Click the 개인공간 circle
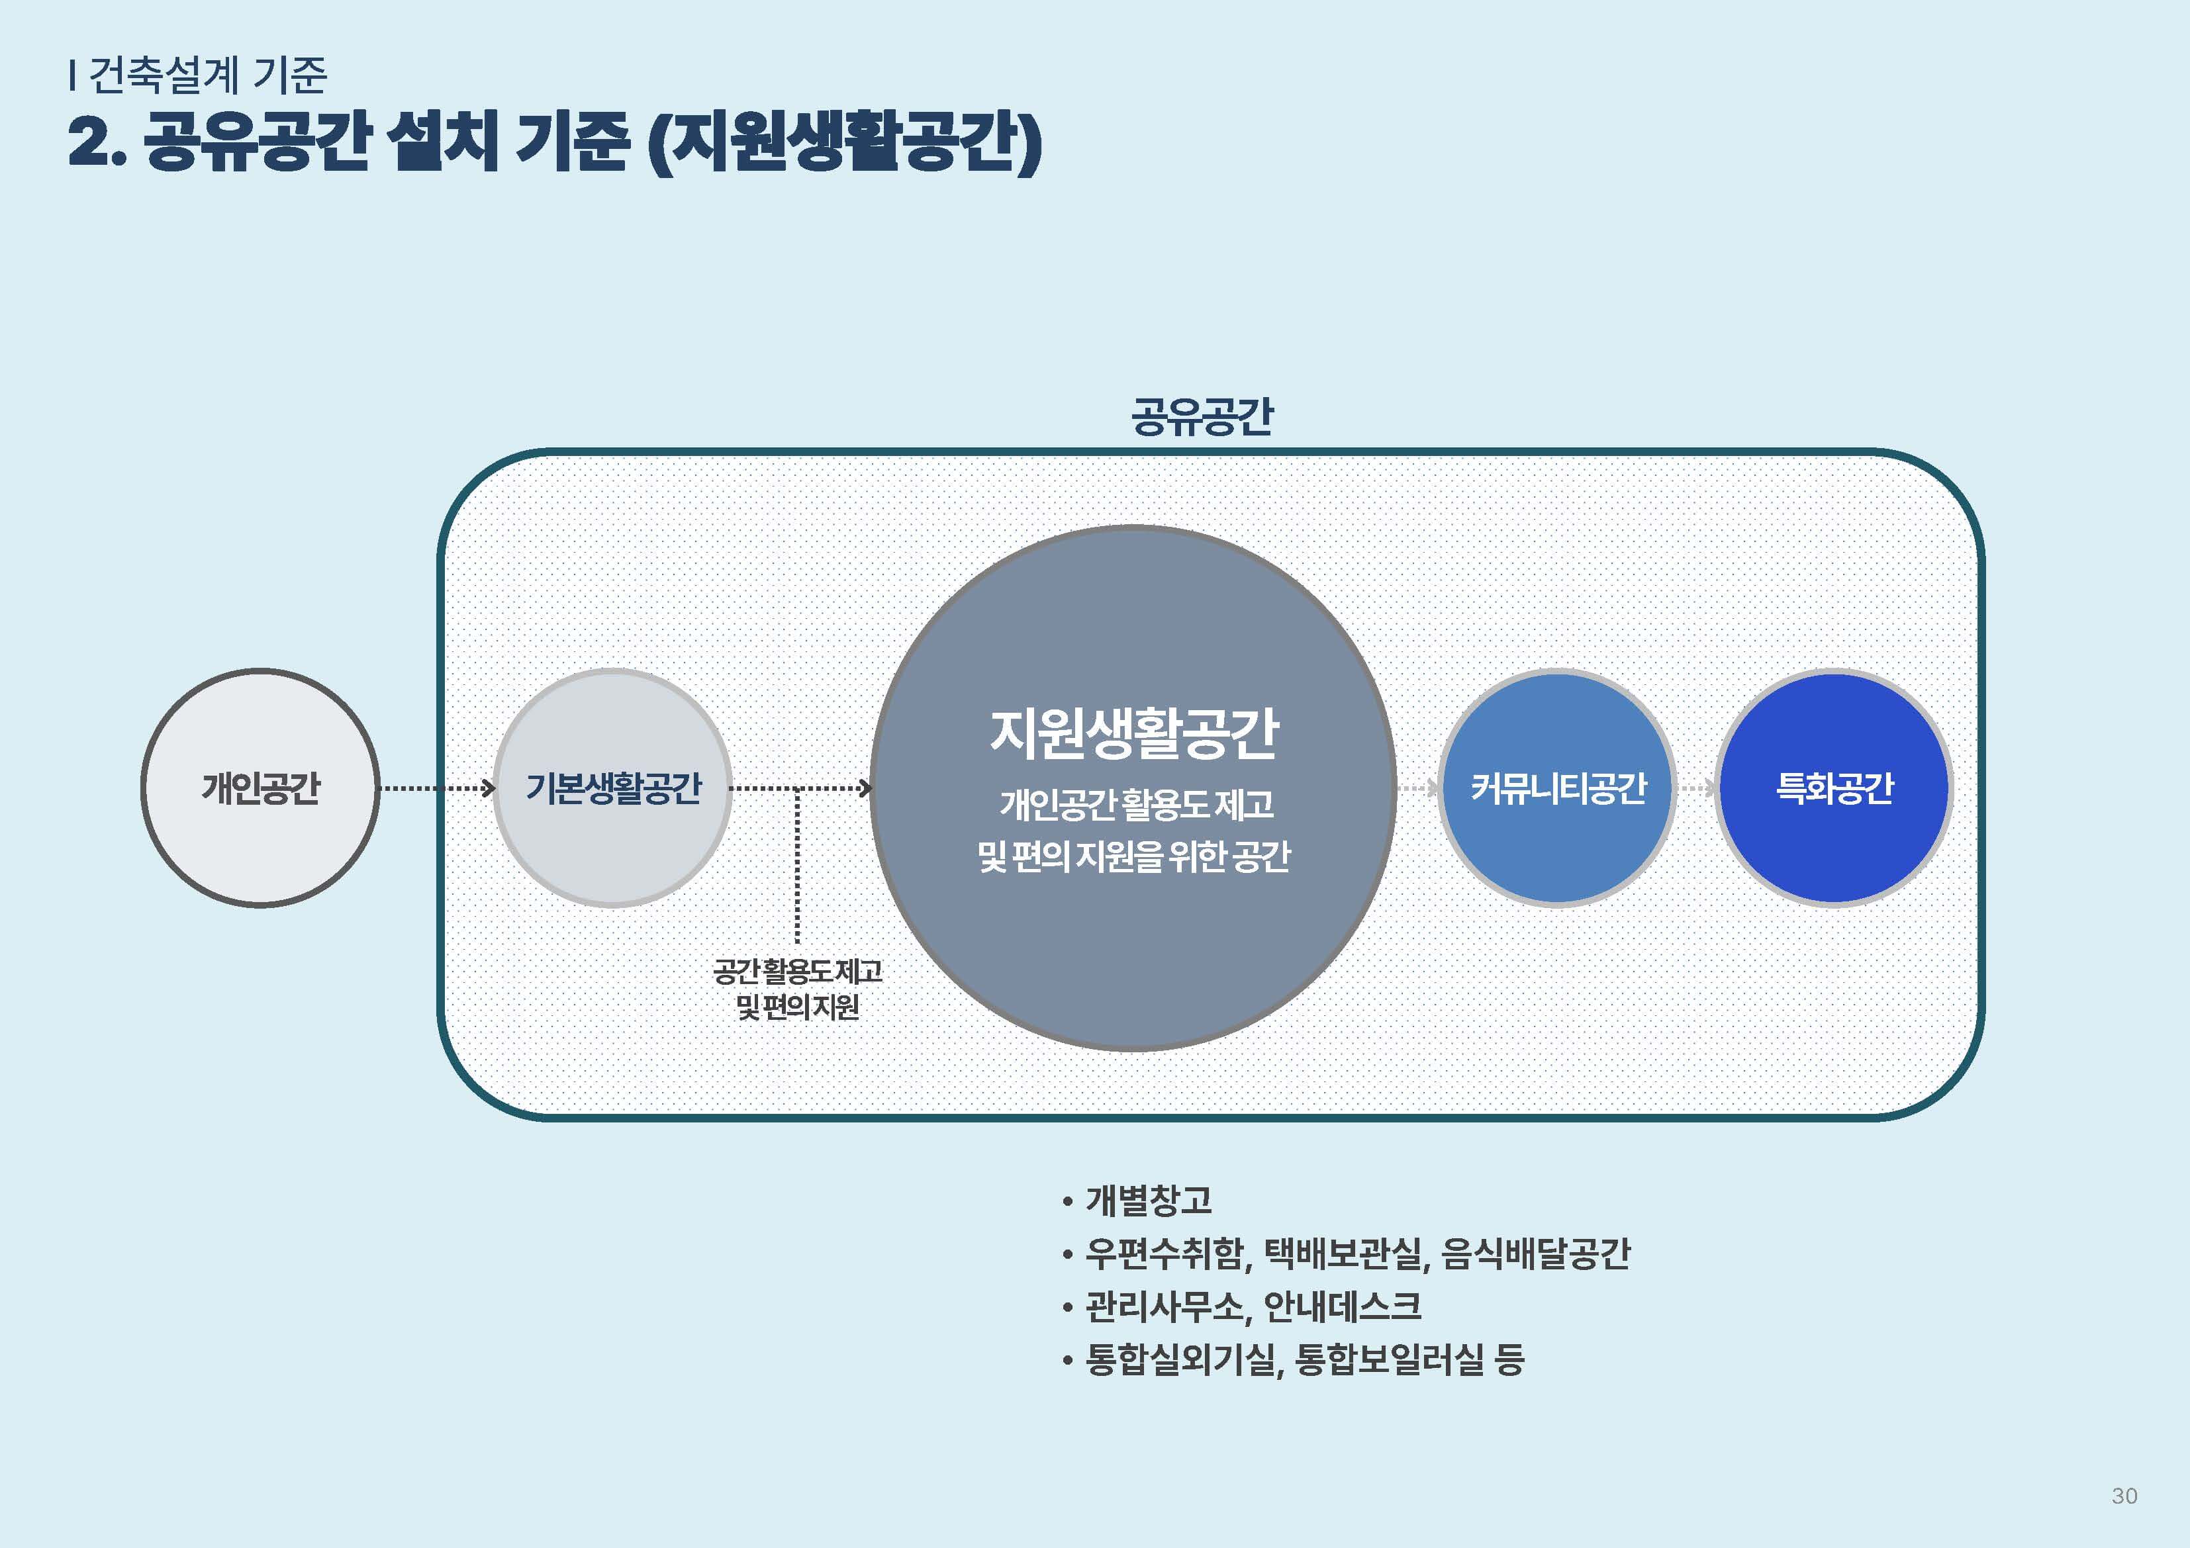260,788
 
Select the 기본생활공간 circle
613,788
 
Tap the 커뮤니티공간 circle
1558,788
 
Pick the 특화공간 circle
1833,788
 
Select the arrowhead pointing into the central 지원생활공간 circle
864,788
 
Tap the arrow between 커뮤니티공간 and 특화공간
1696,788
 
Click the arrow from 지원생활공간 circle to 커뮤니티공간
1418,788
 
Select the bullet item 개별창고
1149,1200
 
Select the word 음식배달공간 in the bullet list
1536,1253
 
